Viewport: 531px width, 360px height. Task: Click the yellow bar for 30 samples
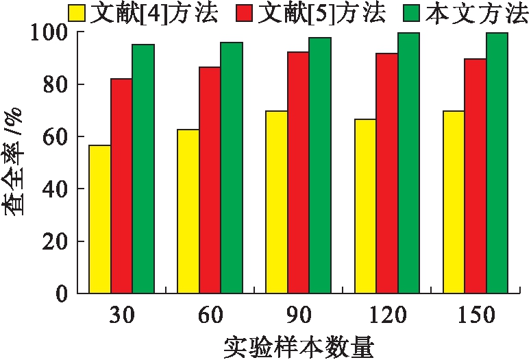(x=100, y=219)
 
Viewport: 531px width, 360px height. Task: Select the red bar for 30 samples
(x=122, y=186)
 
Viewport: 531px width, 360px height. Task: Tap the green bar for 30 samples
(x=144, y=169)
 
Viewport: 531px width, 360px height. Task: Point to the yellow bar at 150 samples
(x=454, y=202)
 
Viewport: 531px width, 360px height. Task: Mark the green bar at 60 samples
(x=232, y=167)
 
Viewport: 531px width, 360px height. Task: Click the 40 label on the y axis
(x=53, y=189)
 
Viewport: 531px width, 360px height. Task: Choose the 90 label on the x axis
(x=299, y=316)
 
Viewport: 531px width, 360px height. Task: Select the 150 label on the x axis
(x=476, y=316)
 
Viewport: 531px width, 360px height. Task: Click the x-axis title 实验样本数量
(x=299, y=346)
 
